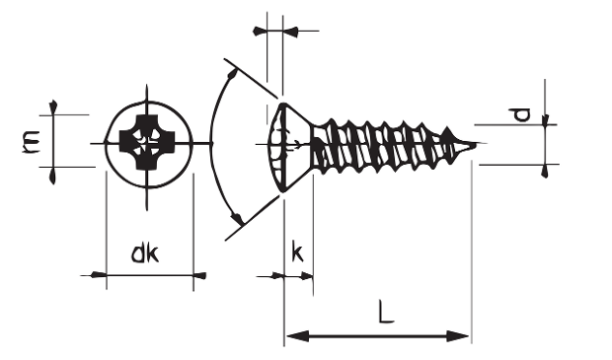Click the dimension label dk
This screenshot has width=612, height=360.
pos(145,253)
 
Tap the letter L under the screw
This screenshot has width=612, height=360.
pos(386,312)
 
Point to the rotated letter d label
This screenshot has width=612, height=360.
pos(521,114)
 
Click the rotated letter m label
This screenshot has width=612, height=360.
pos(31,141)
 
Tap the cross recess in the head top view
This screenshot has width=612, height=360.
pos(147,142)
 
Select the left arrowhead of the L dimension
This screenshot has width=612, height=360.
pos(297,335)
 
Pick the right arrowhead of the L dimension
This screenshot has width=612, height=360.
pos(457,335)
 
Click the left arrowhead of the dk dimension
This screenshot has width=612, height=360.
pos(99,275)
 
